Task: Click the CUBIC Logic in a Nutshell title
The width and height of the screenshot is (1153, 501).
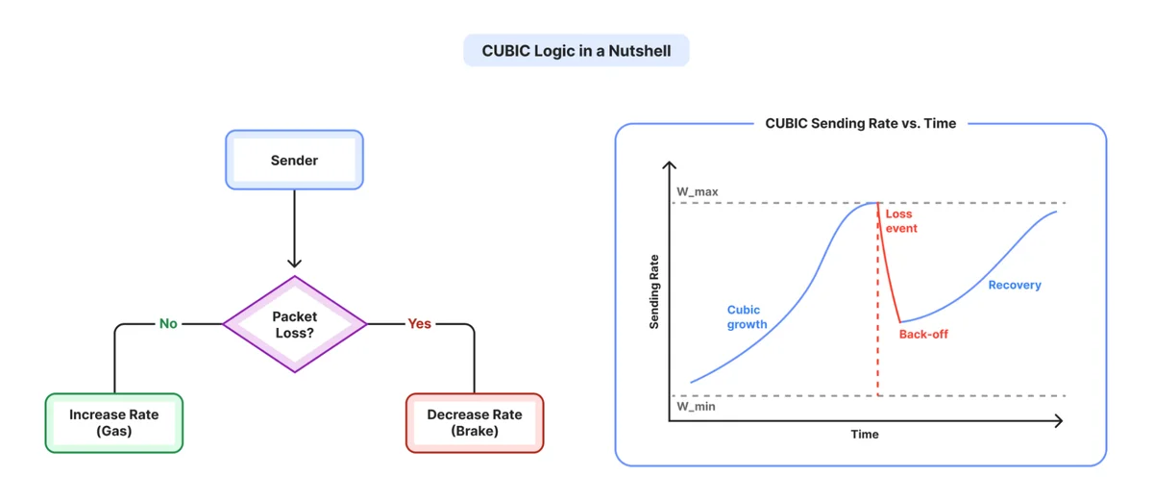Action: pyautogui.click(x=576, y=51)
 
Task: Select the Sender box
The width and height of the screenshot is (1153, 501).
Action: pyautogui.click(x=294, y=160)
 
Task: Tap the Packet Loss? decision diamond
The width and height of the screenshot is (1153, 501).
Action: pyautogui.click(x=294, y=324)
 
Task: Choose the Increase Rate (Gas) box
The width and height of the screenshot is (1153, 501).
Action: pyautogui.click(x=113, y=423)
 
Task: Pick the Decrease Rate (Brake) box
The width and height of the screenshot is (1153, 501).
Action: pyautogui.click(x=475, y=423)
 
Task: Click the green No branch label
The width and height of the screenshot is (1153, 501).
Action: pyautogui.click(x=168, y=323)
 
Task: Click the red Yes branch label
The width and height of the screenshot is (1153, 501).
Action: pyautogui.click(x=420, y=323)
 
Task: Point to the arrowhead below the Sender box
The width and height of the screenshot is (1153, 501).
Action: pyautogui.click(x=294, y=263)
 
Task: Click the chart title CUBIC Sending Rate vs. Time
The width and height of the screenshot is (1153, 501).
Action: pyautogui.click(x=861, y=124)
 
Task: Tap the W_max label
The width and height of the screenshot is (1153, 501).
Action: pyautogui.click(x=697, y=191)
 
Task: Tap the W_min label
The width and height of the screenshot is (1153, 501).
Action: pyautogui.click(x=696, y=406)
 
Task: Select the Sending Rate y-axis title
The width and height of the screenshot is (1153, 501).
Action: pyautogui.click(x=653, y=291)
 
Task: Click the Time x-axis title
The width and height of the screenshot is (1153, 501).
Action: pyautogui.click(x=865, y=434)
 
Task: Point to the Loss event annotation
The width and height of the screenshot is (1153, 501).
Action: pyautogui.click(x=901, y=221)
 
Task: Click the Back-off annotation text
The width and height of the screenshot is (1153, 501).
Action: pyautogui.click(x=923, y=335)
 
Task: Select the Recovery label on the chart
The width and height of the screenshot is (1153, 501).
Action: pyautogui.click(x=1015, y=285)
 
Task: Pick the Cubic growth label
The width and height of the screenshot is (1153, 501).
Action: pyautogui.click(x=747, y=316)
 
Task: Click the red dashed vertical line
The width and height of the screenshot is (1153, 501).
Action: pyautogui.click(x=877, y=299)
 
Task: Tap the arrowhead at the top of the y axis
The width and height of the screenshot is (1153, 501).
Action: pyautogui.click(x=669, y=164)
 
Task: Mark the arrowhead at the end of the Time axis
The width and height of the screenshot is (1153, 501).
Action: pyautogui.click(x=1059, y=420)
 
